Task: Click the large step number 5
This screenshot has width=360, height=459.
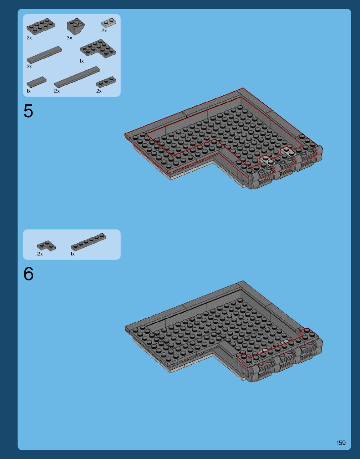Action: pyautogui.click(x=28, y=111)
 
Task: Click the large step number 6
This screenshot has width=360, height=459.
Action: pyautogui.click(x=28, y=274)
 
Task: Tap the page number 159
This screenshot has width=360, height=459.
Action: pyautogui.click(x=341, y=443)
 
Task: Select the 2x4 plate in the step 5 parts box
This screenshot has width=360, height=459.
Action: pyautogui.click(x=41, y=26)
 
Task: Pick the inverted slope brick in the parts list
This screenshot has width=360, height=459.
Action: pyautogui.click(x=76, y=26)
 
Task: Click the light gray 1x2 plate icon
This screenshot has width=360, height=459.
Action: pyautogui.click(x=109, y=23)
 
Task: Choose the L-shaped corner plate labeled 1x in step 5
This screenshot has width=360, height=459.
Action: pyautogui.click(x=98, y=48)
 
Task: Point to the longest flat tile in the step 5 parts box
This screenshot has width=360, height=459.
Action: pyautogui.click(x=77, y=77)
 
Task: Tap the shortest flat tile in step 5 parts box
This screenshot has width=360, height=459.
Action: pyautogui.click(x=37, y=82)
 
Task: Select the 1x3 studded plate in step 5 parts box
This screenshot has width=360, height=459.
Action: pyautogui.click(x=106, y=82)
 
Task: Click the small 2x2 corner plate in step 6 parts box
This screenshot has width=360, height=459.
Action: pyautogui.click(x=46, y=246)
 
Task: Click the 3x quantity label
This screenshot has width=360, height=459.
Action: pyautogui.click(x=69, y=38)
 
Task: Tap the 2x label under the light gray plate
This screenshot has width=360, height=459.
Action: pyautogui.click(x=104, y=31)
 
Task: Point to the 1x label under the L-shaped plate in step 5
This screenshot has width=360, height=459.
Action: pyautogui.click(x=82, y=61)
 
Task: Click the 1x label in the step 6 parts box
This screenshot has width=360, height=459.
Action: pyautogui.click(x=73, y=254)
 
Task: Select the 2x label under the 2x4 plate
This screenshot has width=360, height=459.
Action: pyautogui.click(x=29, y=38)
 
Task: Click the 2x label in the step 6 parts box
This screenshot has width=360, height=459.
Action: pyautogui.click(x=40, y=254)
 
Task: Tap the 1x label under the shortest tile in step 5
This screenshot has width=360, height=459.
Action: pyautogui.click(x=28, y=91)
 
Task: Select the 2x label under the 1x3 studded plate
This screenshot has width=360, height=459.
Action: pyautogui.click(x=99, y=91)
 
